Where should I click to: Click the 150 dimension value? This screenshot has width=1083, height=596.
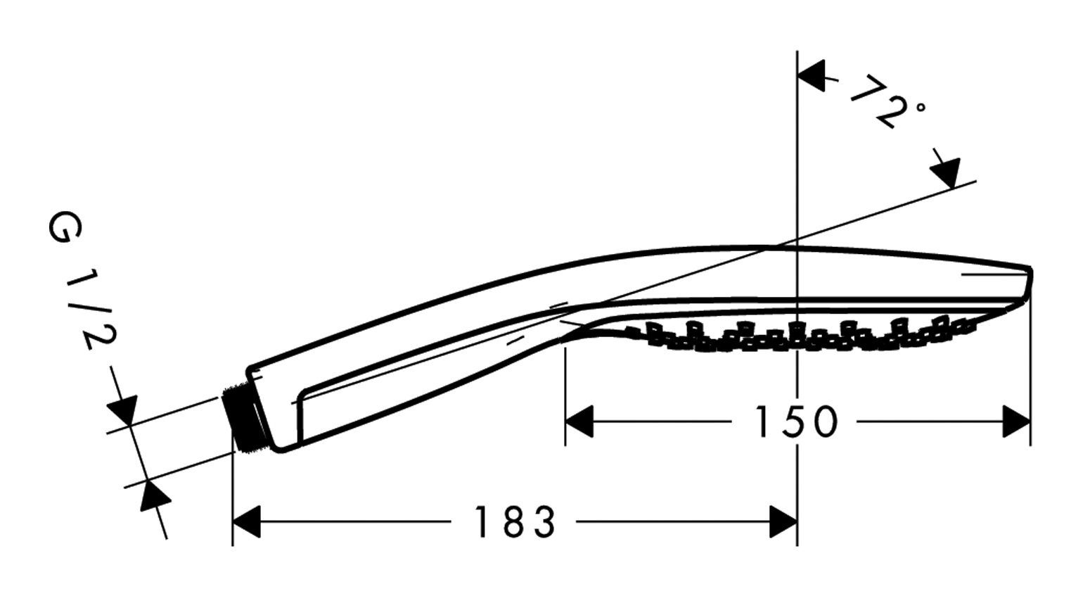795,422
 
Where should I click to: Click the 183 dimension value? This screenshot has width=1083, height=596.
515,522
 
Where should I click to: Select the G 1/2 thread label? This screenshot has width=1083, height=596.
82,282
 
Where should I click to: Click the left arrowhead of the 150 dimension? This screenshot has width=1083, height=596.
579,422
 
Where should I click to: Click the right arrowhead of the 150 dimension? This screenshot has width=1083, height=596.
1016,422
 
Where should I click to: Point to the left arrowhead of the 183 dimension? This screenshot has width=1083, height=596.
247,522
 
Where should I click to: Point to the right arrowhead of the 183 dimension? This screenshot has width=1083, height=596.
783,522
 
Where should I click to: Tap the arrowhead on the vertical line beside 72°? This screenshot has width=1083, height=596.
812,75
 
